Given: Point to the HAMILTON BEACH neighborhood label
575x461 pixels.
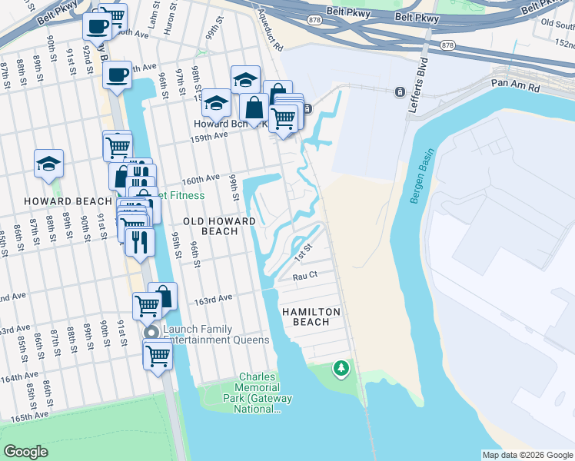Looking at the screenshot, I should point(306,317).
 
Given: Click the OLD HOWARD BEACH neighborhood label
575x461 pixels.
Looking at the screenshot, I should point(209,226).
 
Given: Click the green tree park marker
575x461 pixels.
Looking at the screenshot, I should point(341,370).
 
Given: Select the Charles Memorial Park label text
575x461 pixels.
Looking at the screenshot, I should point(258,393).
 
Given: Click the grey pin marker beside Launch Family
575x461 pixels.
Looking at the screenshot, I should point(151,332).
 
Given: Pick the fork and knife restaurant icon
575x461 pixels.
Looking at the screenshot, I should point(139,240).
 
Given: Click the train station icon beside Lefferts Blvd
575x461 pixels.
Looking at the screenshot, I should point(400,92).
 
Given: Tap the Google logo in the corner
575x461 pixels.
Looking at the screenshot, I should point(25,452).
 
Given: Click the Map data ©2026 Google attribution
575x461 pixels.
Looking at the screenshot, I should point(527,455).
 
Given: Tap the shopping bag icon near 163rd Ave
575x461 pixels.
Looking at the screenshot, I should point(163,296).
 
